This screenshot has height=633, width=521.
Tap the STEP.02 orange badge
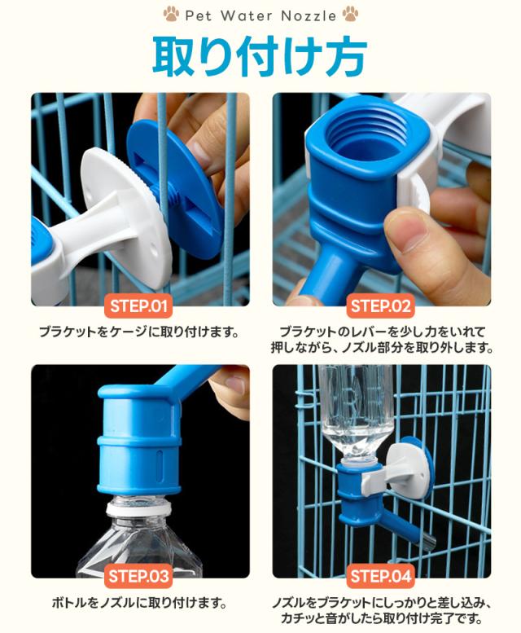coord(380,307)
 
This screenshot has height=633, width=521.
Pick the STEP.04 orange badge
coord(380,577)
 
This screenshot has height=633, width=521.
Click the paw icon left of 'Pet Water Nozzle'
coord(171,14)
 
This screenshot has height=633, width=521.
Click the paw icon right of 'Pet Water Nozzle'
coord(350,14)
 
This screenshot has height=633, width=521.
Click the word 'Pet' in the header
coord(199,15)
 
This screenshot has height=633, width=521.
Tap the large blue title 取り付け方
coord(260,55)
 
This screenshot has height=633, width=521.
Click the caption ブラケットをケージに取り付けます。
coord(138,332)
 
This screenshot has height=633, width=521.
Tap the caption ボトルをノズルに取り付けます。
coord(138,603)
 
